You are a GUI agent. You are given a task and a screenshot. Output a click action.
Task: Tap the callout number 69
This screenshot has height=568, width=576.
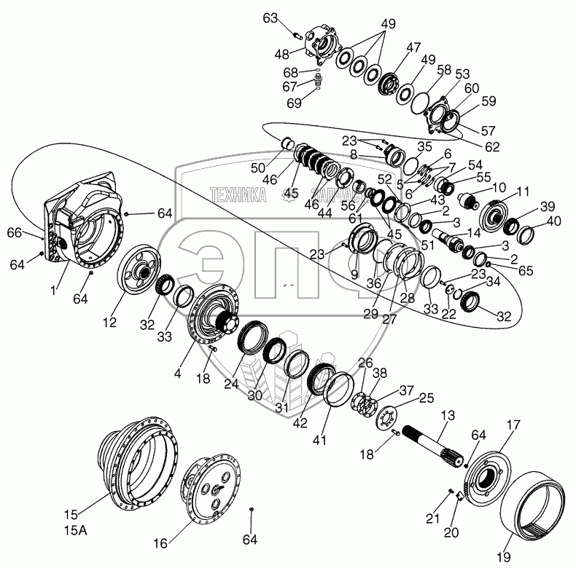point(294,103)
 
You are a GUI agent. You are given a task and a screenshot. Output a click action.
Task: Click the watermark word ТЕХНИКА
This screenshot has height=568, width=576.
point(236,194)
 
